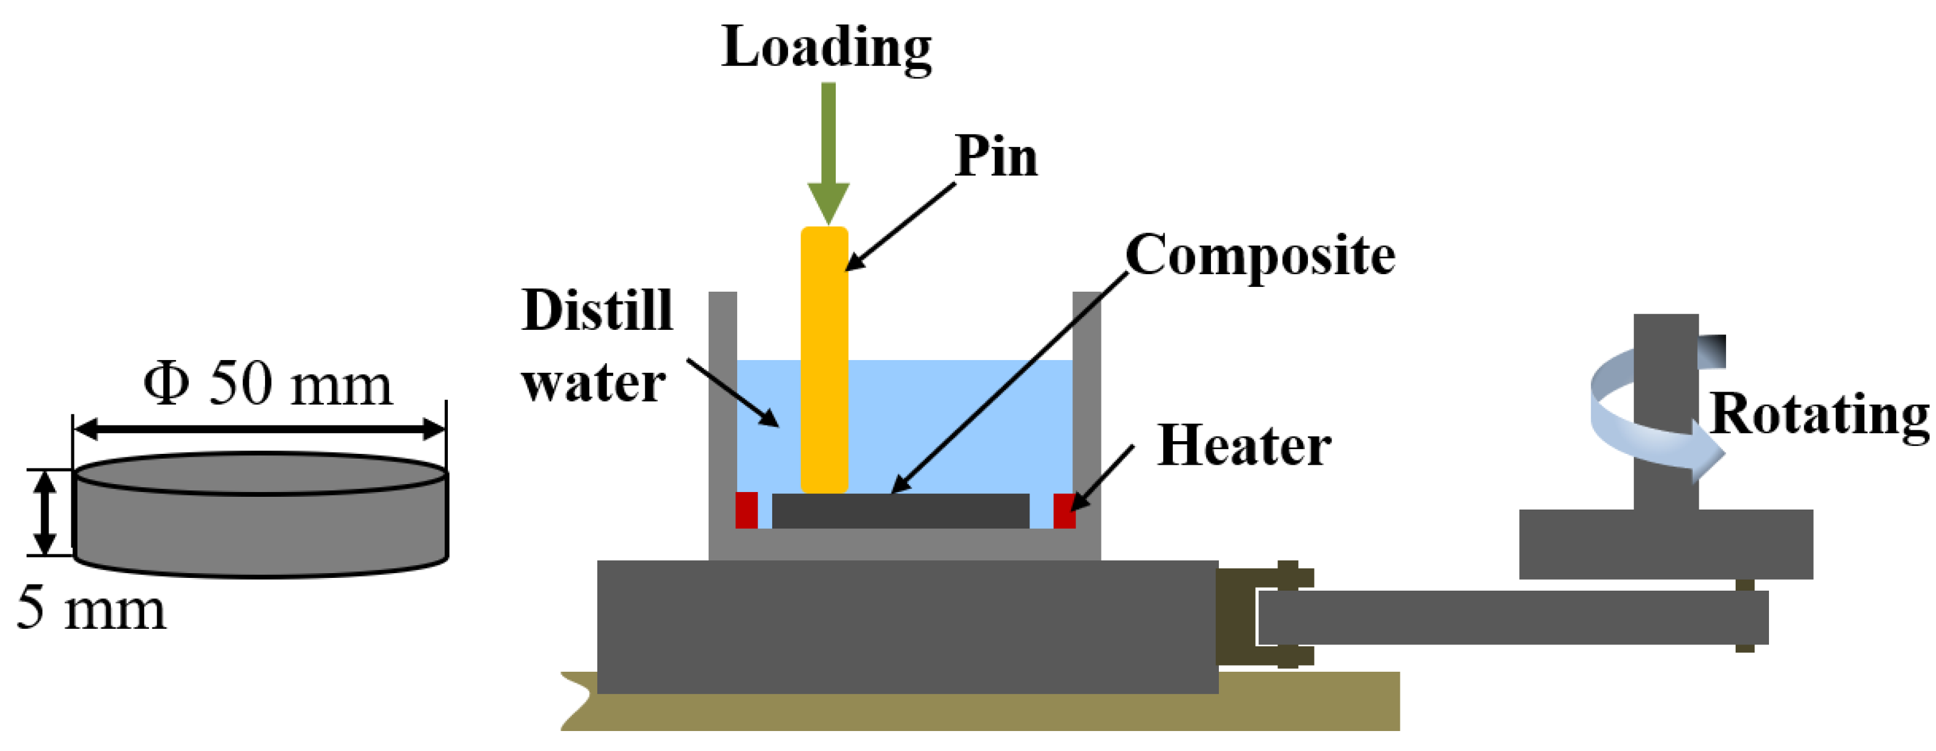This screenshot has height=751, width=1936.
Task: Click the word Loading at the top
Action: (x=826, y=47)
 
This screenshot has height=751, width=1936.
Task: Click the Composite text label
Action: (x=1261, y=255)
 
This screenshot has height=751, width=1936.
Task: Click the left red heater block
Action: (x=746, y=510)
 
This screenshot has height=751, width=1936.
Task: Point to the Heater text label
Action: (x=1244, y=446)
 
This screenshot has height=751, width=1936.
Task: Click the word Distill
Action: (x=597, y=310)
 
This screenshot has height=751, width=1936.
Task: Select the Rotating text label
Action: (x=1819, y=414)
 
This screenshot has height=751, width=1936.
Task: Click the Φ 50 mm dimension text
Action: (x=267, y=384)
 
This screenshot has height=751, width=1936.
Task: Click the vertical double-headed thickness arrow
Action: (x=46, y=513)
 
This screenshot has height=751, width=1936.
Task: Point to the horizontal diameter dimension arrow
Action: (x=259, y=430)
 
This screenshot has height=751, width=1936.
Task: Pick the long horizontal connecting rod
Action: (x=1511, y=617)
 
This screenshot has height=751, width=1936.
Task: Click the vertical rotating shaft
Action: (x=1665, y=406)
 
